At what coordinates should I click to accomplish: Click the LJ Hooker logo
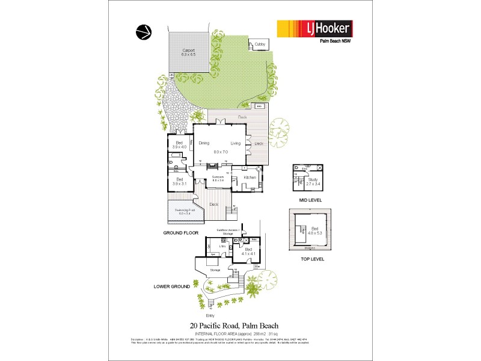(x=313, y=29)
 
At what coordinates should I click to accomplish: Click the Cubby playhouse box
(x=260, y=44)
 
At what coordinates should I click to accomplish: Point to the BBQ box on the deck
(x=259, y=106)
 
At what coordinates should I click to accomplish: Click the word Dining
(x=203, y=143)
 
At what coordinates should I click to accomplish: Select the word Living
(x=235, y=143)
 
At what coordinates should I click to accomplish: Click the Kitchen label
(x=250, y=177)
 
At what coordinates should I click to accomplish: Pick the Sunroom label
(x=218, y=177)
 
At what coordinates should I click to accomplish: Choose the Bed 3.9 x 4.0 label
(x=179, y=145)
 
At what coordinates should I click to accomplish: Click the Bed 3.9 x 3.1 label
(x=179, y=180)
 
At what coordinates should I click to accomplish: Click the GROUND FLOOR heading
(x=181, y=232)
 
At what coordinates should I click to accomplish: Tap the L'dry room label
(x=221, y=247)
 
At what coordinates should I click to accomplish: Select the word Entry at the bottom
(x=210, y=315)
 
